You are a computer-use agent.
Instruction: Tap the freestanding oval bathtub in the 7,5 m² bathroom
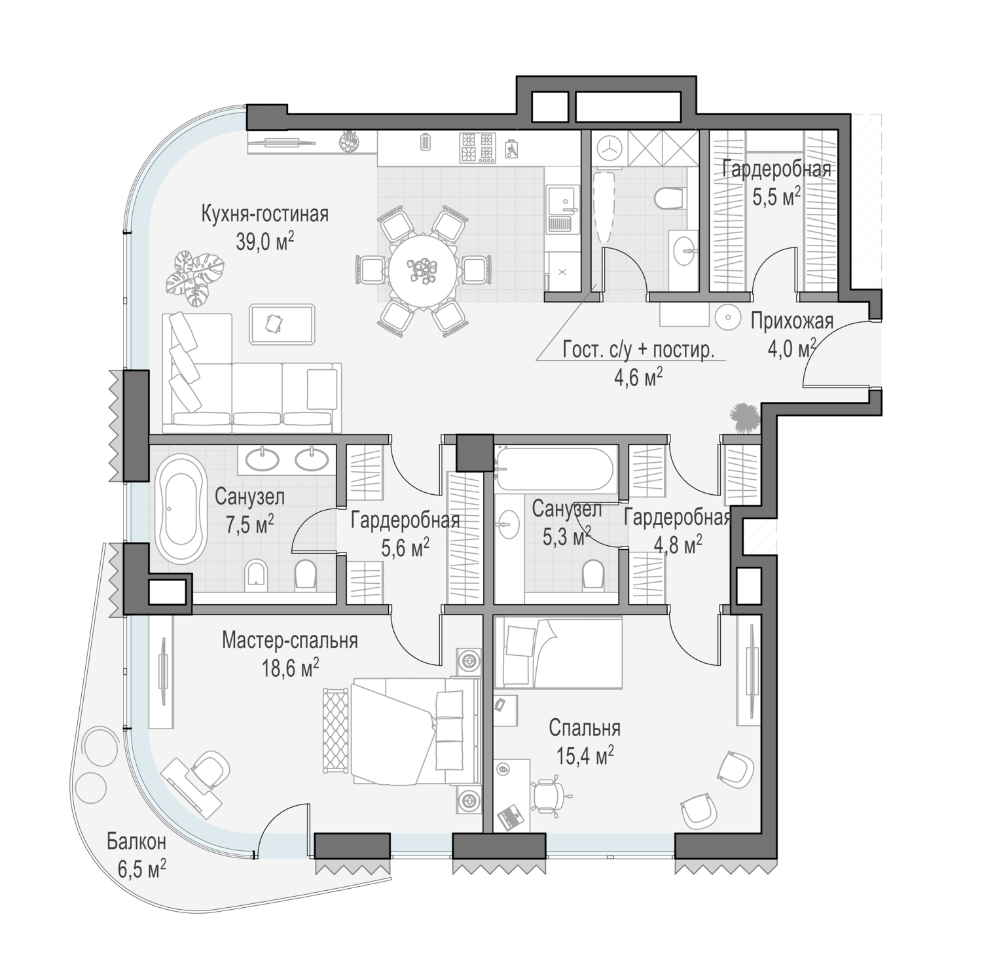pyautogui.click(x=180, y=508)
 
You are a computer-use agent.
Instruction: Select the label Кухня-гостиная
pyautogui.click(x=265, y=215)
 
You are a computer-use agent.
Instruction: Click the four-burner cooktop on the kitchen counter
pyautogui.click(x=477, y=148)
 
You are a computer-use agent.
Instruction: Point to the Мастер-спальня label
pyautogui.click(x=290, y=640)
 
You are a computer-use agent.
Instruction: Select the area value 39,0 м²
pyautogui.click(x=265, y=242)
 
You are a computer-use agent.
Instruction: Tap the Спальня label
pyautogui.click(x=585, y=728)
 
